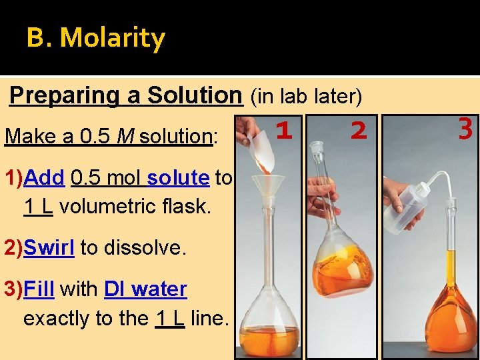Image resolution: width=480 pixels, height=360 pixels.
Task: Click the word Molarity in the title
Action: tap(112, 38)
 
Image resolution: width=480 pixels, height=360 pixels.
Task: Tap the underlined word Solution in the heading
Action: tap(195, 95)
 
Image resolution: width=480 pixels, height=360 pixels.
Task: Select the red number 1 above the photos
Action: tap(285, 131)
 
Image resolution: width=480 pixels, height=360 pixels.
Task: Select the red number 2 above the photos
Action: tap(359, 131)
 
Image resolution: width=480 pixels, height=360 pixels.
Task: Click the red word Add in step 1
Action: tap(43, 178)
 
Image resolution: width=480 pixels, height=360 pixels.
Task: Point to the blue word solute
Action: tap(178, 178)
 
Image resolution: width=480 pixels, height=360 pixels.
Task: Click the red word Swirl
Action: tap(49, 248)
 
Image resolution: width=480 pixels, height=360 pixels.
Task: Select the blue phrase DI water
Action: tap(145, 289)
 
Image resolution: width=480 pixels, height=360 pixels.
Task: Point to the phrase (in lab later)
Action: tap(305, 97)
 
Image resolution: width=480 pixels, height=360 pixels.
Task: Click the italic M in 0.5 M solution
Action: tap(123, 137)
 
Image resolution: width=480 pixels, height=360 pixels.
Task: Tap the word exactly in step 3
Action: tap(57, 319)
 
